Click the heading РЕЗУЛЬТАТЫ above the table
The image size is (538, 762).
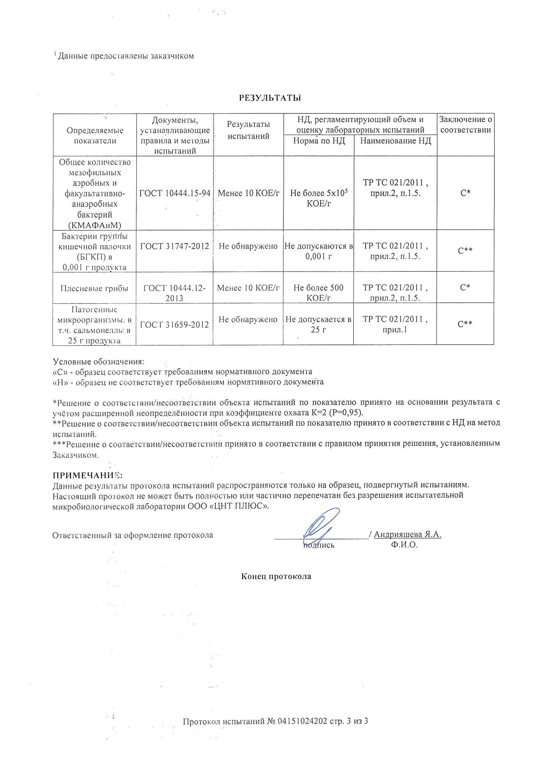tap(270, 98)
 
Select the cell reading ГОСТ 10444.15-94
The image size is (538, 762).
tap(175, 193)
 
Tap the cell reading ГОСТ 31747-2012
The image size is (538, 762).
tap(175, 246)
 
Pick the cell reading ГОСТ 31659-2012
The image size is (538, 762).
tap(174, 325)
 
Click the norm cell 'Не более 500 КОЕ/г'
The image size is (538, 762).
tap(318, 292)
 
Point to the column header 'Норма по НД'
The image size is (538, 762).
tap(319, 141)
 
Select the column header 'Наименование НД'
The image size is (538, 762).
tap(395, 141)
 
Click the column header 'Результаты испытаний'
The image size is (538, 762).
tap(248, 130)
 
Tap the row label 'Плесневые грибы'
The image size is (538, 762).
tap(94, 288)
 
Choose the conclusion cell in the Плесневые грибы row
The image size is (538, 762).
tap(465, 287)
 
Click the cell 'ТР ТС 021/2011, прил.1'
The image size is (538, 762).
tap(395, 324)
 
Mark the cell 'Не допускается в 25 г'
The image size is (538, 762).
tap(318, 324)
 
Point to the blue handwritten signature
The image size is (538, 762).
tap(320, 524)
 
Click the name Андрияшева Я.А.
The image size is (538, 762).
tap(407, 534)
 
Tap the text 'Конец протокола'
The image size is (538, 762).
tap(276, 577)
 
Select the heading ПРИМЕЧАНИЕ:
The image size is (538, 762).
tap(88, 475)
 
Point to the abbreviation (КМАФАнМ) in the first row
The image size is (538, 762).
tap(94, 225)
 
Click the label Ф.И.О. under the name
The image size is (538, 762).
tap(404, 545)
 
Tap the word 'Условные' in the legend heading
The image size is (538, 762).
tap(72, 361)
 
